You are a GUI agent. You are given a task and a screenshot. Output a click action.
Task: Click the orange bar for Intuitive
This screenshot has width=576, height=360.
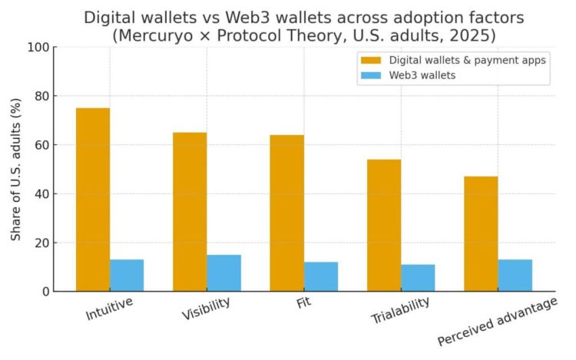click(93, 200)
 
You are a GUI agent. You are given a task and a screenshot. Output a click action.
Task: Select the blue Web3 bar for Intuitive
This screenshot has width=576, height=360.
click(127, 275)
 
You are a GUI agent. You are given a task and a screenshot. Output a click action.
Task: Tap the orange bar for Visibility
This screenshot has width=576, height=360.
click(190, 212)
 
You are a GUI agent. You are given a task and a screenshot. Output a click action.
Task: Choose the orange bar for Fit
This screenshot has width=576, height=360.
click(286, 213)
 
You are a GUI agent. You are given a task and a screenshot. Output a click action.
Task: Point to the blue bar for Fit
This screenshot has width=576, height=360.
click(321, 276)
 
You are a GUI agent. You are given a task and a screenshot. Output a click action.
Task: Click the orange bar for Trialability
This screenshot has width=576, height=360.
click(384, 226)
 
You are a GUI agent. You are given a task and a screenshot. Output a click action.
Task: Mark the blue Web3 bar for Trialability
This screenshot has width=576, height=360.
click(418, 277)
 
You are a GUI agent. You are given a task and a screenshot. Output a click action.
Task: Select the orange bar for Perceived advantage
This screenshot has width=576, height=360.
click(481, 234)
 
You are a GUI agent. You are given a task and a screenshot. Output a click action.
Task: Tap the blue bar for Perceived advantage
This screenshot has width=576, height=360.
click(515, 275)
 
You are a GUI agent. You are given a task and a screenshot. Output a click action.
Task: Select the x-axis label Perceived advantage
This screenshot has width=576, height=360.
click(497, 321)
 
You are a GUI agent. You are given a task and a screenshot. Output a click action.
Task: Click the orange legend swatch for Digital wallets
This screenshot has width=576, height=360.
click(369, 60)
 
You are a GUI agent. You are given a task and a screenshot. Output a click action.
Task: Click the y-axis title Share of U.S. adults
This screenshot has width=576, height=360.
click(16, 170)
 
